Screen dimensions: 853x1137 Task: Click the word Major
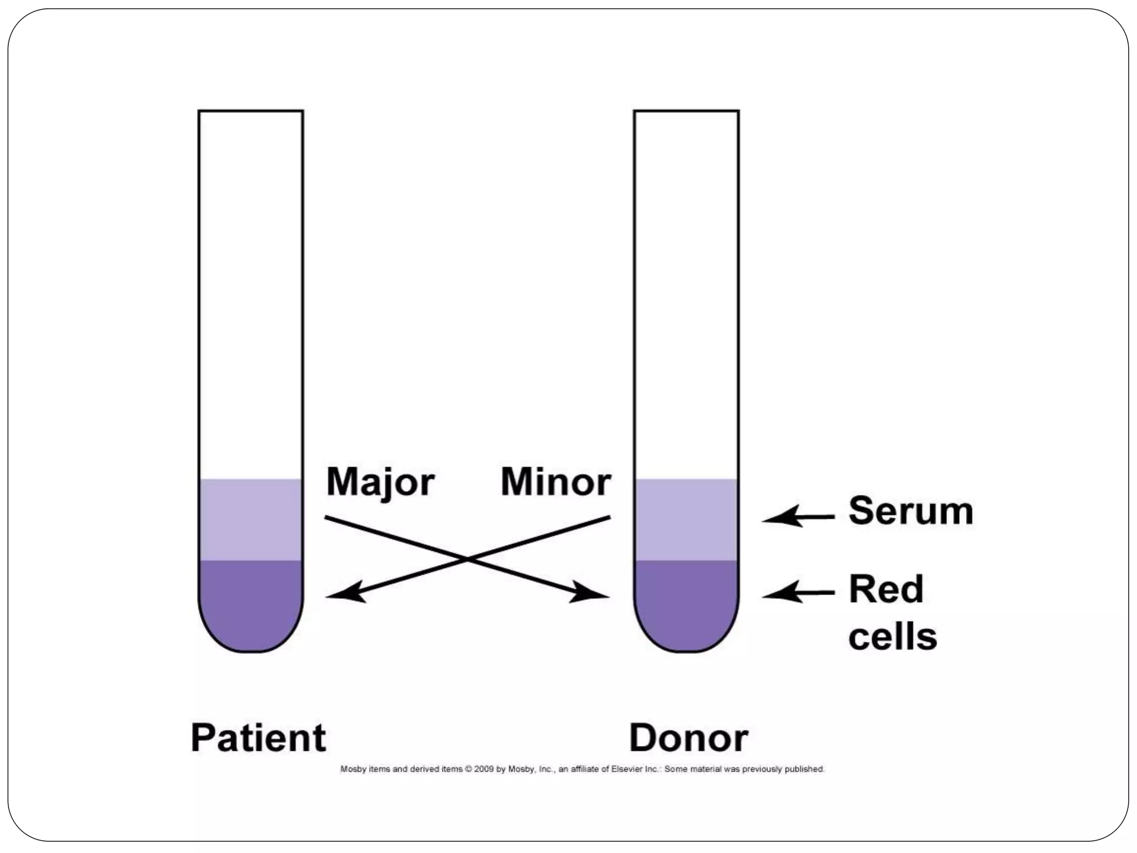[380, 482]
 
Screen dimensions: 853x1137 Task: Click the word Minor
[556, 482]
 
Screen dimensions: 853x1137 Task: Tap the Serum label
[910, 511]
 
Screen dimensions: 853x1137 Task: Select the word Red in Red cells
[886, 589]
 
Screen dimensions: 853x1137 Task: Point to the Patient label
[258, 738]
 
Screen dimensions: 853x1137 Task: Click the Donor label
[688, 738]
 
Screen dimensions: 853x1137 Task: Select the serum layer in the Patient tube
[251, 519]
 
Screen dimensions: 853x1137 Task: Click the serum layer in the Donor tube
[686, 519]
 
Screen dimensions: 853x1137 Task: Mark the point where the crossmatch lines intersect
[468, 558]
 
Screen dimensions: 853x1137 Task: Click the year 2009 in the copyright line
[484, 769]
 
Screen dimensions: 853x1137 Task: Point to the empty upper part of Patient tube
[251, 289]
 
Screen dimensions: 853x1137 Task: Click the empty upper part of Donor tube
[686, 289]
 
